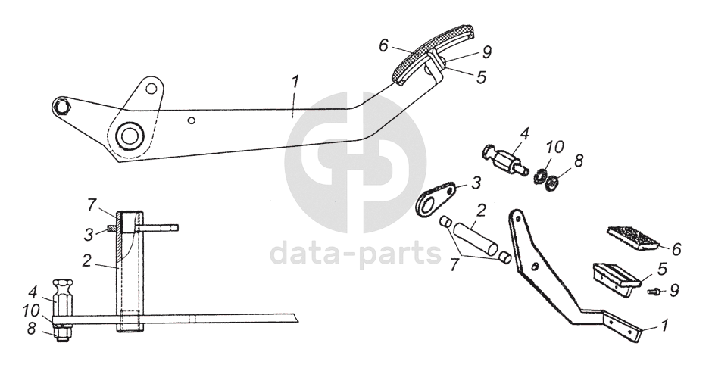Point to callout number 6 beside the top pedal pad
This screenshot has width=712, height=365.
(384, 45)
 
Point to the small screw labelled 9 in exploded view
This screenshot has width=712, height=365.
(654, 291)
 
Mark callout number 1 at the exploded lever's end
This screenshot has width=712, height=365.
(665, 326)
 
